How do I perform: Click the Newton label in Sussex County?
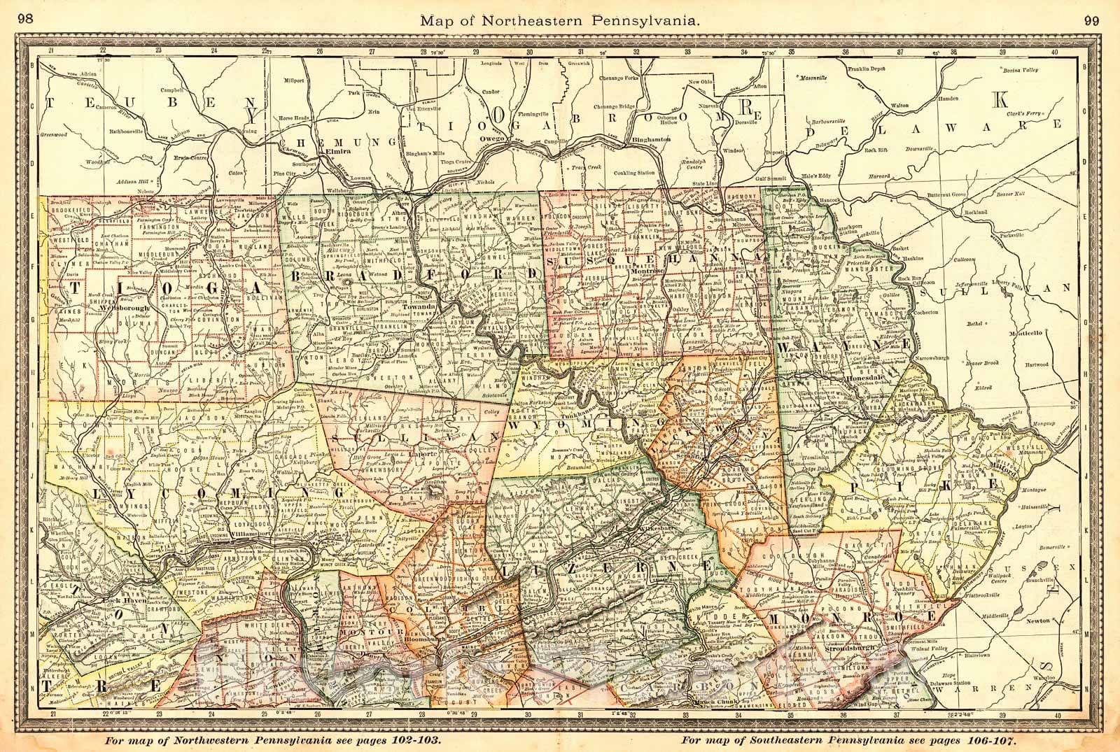click(x=1023, y=620)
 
